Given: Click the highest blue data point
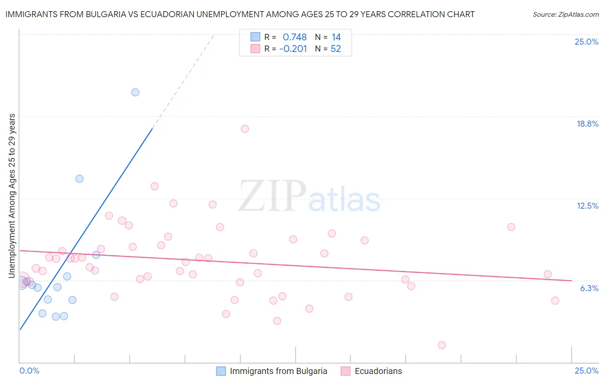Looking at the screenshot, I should [135, 92].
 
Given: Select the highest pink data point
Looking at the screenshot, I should [245, 129].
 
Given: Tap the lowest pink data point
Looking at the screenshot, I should [442, 345].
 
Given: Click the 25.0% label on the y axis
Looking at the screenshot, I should [586, 42].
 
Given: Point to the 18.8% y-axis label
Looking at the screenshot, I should [587, 124].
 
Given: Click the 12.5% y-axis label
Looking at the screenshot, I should [587, 206].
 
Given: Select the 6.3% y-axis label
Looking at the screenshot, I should [589, 288].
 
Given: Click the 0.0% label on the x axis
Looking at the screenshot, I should [30, 371].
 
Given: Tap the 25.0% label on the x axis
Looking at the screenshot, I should [586, 371].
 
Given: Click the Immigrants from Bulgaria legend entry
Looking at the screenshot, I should [278, 371].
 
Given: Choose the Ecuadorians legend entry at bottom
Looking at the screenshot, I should [378, 371].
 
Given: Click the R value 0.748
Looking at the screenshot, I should [295, 37].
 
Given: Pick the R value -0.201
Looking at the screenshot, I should [293, 49].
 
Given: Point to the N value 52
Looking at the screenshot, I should [336, 49].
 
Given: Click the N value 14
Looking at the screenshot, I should [336, 37].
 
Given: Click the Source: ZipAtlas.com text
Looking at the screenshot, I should [566, 14].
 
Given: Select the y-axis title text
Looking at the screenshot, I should [12, 196].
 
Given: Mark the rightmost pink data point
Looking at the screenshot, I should [555, 301].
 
